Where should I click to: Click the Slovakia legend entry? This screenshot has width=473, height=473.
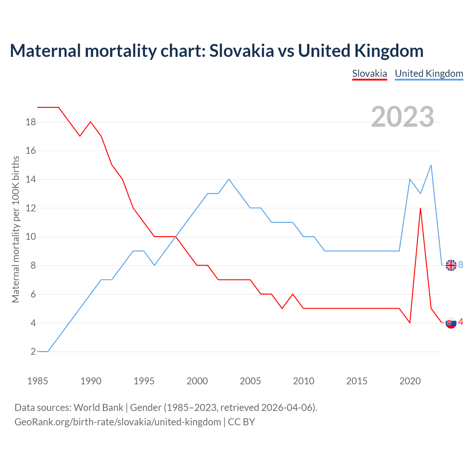tap(370, 74)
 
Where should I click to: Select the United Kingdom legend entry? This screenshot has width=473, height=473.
tap(429, 74)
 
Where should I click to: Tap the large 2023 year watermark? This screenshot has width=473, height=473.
tap(402, 117)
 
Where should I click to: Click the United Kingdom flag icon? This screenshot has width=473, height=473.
tap(451, 265)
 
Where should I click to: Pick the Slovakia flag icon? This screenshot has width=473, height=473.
tap(451, 323)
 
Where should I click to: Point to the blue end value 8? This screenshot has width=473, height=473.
tap(461, 265)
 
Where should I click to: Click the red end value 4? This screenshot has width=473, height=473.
tap(461, 322)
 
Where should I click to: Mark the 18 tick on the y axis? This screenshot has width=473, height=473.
tap(31, 122)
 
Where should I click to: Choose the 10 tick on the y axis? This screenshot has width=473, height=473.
tap(31, 237)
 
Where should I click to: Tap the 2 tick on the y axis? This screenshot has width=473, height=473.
tap(33, 352)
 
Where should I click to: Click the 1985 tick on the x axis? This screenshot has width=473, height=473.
tap(38, 381)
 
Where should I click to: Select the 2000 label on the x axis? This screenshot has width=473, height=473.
tap(197, 381)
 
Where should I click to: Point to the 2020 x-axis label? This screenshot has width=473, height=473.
tap(410, 381)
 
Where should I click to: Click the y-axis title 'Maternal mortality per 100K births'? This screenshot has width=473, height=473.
tap(16, 229)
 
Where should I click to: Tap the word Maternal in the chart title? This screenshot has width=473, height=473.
tap(45, 51)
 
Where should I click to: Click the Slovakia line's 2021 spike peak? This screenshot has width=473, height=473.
tap(421, 208)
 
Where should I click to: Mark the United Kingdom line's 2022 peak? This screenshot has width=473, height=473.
tap(431, 165)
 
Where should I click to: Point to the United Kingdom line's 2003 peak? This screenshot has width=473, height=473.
tap(229, 179)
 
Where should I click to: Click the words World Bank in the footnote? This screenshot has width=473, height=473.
tap(98, 408)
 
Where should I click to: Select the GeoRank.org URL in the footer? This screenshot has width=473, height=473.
tap(118, 422)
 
